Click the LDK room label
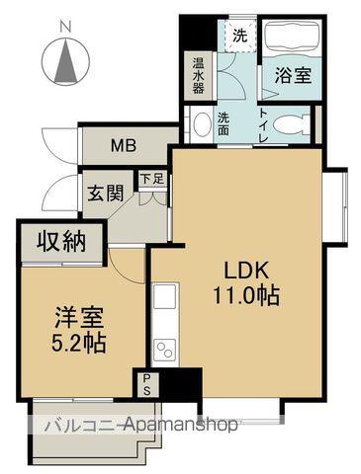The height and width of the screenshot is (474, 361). [243, 270]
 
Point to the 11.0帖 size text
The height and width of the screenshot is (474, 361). [243, 293]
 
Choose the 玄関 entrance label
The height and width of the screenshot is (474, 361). [103, 192]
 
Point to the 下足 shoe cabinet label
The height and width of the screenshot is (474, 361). [149, 180]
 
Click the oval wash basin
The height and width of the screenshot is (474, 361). [202, 125]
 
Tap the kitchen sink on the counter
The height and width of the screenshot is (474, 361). [164, 297]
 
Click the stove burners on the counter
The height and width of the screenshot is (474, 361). [164, 351]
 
